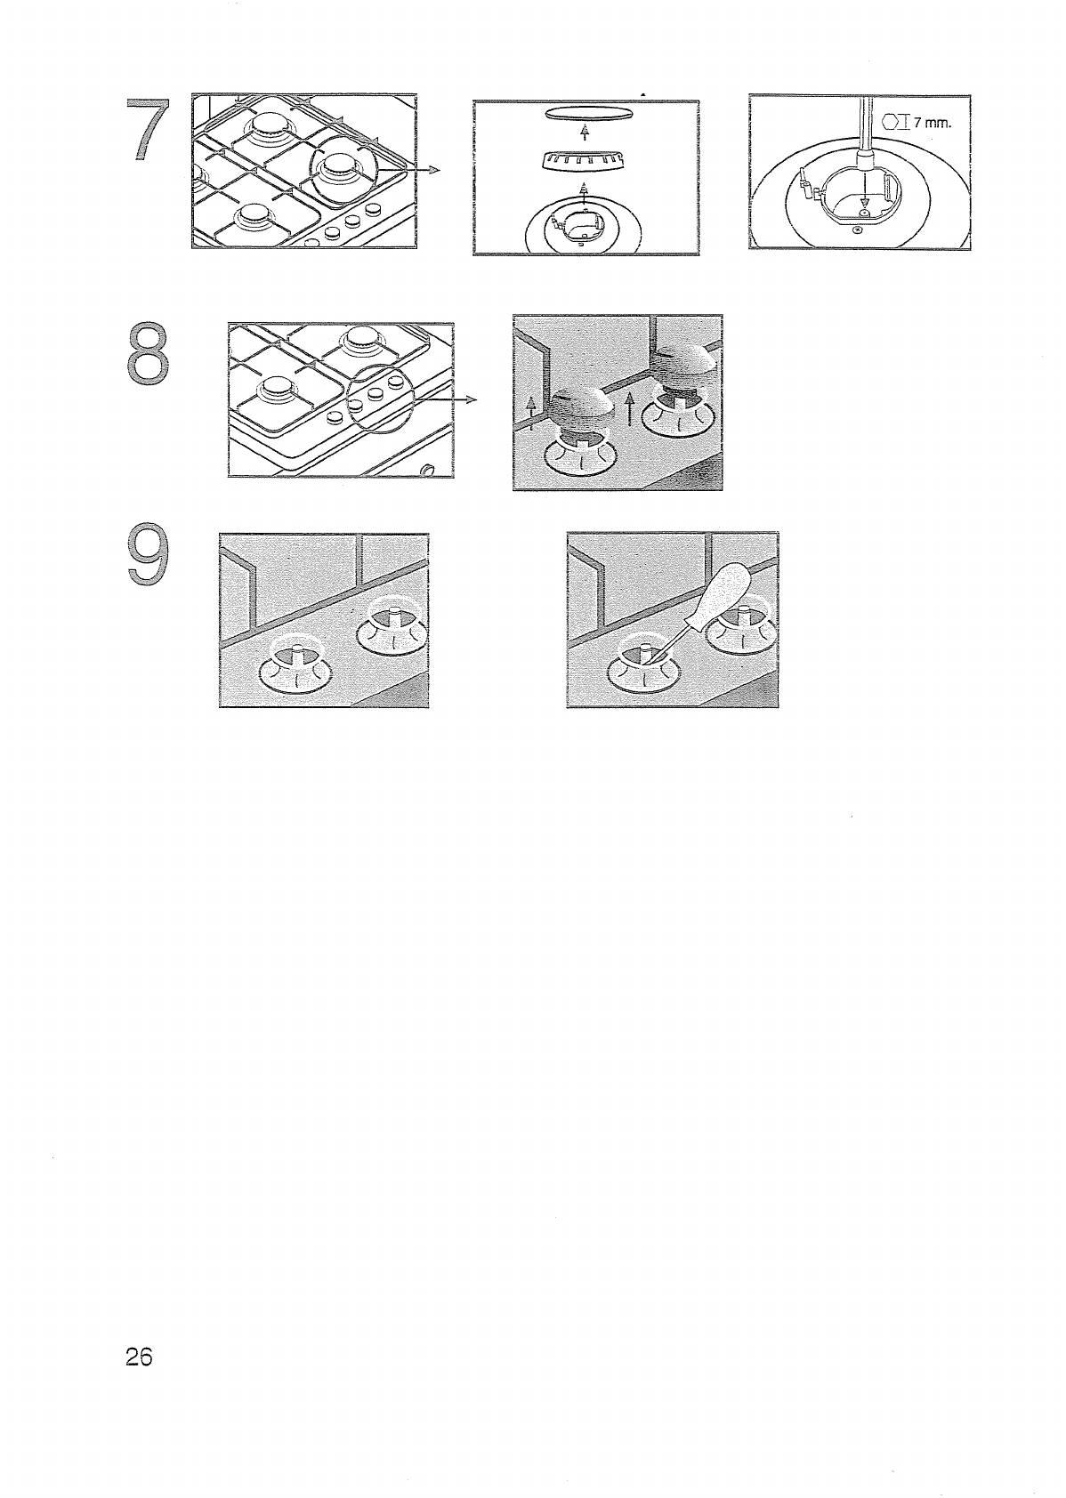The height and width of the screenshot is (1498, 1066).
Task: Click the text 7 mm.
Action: [931, 123]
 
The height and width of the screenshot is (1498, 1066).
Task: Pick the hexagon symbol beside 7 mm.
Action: [891, 123]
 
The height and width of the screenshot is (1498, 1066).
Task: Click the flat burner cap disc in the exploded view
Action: [587, 114]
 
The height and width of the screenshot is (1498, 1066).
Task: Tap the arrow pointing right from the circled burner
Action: [408, 170]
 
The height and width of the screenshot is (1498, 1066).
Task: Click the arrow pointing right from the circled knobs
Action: [446, 399]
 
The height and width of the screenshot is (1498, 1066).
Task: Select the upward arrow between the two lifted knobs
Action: [628, 410]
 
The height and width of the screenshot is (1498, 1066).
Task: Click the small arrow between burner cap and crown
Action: [585, 133]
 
